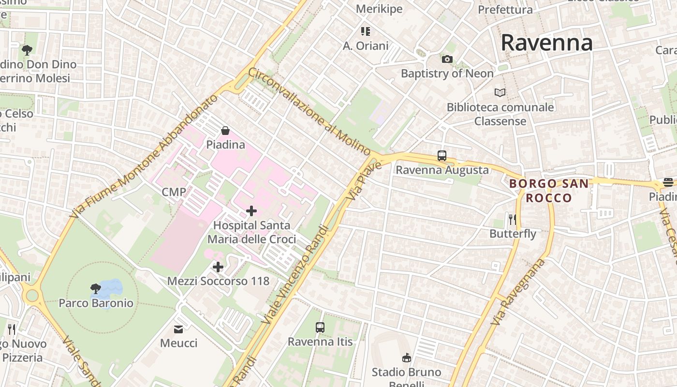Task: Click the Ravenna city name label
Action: tap(546, 43)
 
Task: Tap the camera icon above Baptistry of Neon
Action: tap(447, 59)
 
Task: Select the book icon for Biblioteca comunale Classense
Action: tap(500, 92)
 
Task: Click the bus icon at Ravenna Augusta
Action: tap(442, 156)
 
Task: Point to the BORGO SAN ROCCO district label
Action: tap(549, 191)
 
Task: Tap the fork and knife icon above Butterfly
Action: tap(513, 220)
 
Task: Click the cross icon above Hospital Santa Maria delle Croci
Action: tap(251, 211)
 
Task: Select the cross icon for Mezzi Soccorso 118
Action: tap(218, 267)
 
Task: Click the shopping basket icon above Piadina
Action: tap(225, 131)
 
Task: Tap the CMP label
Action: tap(174, 192)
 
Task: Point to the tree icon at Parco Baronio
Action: tap(96, 289)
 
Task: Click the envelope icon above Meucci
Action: tap(178, 329)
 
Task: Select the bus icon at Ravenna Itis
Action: tap(320, 327)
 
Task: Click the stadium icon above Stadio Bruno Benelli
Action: tap(406, 358)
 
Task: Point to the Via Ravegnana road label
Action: tap(518, 292)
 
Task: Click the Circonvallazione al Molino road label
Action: tap(309, 111)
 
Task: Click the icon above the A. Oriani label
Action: tap(366, 31)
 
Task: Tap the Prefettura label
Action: tap(505, 9)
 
